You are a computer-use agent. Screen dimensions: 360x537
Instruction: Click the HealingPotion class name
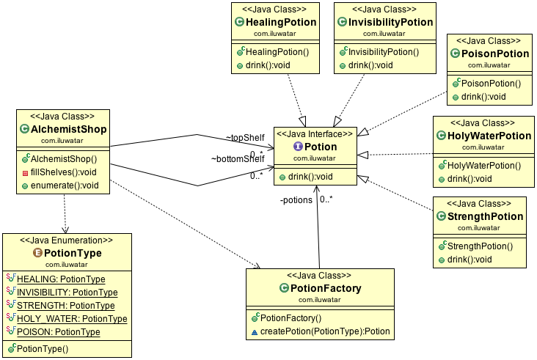pyautogui.click(x=282, y=22)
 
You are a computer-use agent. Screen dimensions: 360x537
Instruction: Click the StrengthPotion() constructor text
pyautogui.click(x=484, y=246)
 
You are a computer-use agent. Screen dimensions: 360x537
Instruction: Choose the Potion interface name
pyautogui.click(x=321, y=147)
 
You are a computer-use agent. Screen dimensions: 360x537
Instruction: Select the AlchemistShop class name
pyautogui.click(x=68, y=129)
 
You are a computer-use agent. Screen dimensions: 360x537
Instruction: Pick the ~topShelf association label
pyautogui.click(x=245, y=137)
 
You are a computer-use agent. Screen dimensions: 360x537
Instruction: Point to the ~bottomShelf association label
pyautogui.click(x=238, y=158)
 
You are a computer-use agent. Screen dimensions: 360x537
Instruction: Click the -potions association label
pyautogui.click(x=296, y=199)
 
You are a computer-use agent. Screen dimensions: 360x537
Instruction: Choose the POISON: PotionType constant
pyautogui.click(x=58, y=331)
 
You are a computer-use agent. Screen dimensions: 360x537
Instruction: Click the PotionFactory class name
pyautogui.click(x=326, y=288)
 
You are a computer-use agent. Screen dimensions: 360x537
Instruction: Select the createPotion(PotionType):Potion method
pyautogui.click(x=326, y=331)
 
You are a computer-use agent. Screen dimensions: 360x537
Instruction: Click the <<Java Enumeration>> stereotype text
pyautogui.click(x=67, y=240)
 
